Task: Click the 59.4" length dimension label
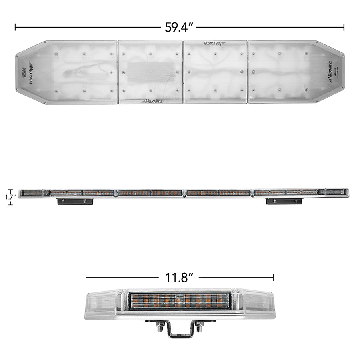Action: point(179,27)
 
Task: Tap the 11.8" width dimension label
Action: point(179,277)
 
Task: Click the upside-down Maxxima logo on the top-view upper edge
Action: point(214,43)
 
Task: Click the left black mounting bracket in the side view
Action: point(75,201)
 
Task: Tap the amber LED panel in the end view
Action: point(180,300)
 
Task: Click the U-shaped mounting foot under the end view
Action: point(180,330)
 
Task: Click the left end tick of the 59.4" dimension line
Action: point(15,27)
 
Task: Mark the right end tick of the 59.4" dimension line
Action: point(344,27)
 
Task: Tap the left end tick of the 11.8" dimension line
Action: point(86,277)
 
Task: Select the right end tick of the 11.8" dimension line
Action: point(273,277)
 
